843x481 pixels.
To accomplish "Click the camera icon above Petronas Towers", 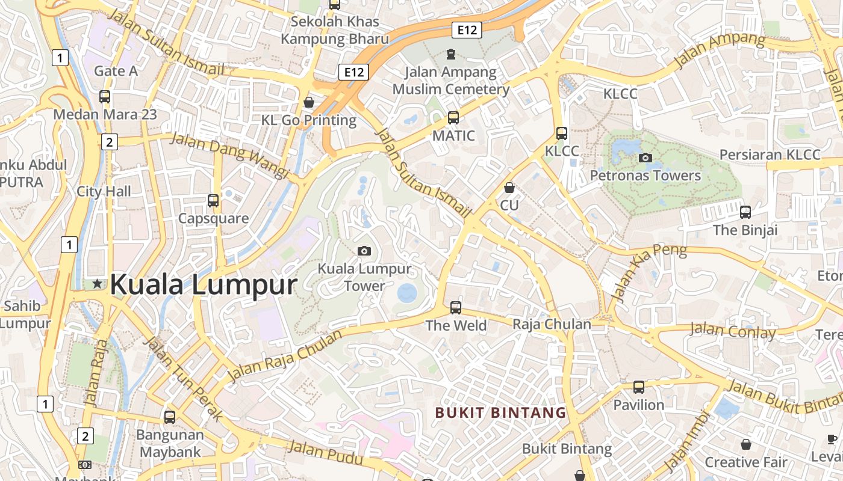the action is point(645,158).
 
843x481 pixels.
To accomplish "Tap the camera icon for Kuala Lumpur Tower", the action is point(364,251).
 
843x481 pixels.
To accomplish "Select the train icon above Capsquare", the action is point(213,201).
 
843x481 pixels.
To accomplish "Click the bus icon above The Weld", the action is point(456,308).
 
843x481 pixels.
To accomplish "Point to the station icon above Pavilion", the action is point(638,387).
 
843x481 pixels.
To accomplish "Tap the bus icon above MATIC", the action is point(453,118).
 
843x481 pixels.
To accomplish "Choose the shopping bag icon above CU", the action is point(509,188).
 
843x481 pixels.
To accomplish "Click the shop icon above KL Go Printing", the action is point(309,102).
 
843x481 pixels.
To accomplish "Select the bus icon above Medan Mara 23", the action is point(105,96).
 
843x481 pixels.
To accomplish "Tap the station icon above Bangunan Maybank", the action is point(170,417).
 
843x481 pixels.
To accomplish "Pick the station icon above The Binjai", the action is point(745,212).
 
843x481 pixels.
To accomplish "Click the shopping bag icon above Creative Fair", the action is point(745,444).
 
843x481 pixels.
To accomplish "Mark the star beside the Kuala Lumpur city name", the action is point(97,284).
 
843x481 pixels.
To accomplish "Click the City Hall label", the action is point(104,192).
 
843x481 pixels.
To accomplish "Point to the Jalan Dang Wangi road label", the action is point(230,155).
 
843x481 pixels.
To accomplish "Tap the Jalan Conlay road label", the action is point(732,331).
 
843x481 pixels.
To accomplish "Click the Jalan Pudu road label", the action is point(325,453).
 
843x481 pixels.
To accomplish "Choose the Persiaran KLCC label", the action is point(770,155).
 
